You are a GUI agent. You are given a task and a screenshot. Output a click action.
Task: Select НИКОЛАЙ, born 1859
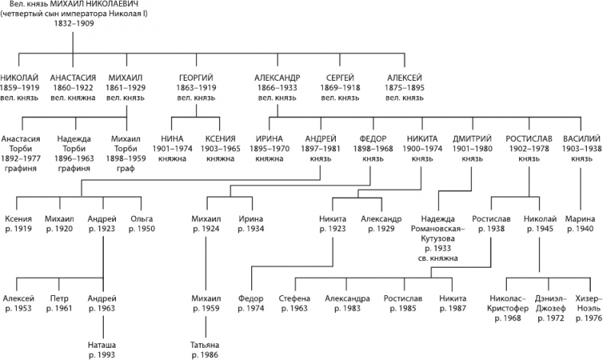click(22, 79)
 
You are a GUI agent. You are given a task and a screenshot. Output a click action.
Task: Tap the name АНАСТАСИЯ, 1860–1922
click(73, 79)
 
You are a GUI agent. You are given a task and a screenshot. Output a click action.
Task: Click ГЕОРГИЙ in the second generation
click(196, 79)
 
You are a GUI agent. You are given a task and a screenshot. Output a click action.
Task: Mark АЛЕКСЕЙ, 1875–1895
click(405, 79)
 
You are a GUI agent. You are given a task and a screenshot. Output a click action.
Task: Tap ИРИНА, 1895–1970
click(269, 140)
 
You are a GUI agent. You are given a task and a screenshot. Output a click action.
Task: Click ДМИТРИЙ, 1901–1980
click(472, 140)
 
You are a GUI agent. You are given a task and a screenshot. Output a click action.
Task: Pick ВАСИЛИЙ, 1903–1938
click(581, 140)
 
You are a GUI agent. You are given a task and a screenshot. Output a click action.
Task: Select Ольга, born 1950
click(141, 218)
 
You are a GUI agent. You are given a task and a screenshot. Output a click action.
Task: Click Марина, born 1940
click(581, 218)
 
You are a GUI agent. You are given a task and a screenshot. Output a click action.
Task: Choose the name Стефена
click(295, 298)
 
